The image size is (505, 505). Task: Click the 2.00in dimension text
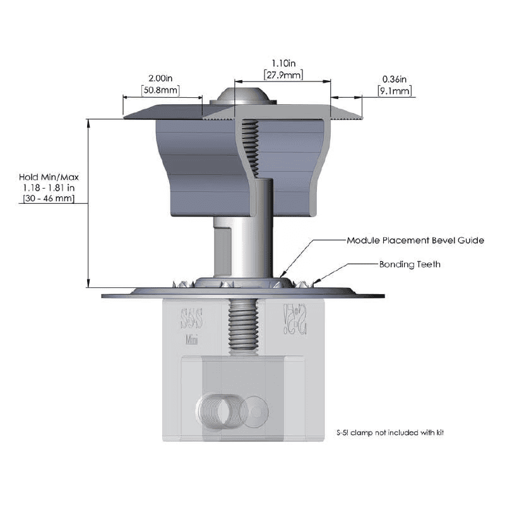pos(160,78)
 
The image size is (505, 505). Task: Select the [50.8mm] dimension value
pos(160,90)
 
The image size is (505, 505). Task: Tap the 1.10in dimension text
pos(283,63)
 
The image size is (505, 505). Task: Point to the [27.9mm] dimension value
pos(283,75)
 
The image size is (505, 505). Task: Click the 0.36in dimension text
pos(395,79)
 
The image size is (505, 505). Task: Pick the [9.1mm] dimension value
pos(395,91)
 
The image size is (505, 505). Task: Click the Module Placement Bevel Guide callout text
pos(415,241)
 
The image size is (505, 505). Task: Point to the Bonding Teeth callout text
pos(410,264)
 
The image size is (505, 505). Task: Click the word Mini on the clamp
pos(193,340)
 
